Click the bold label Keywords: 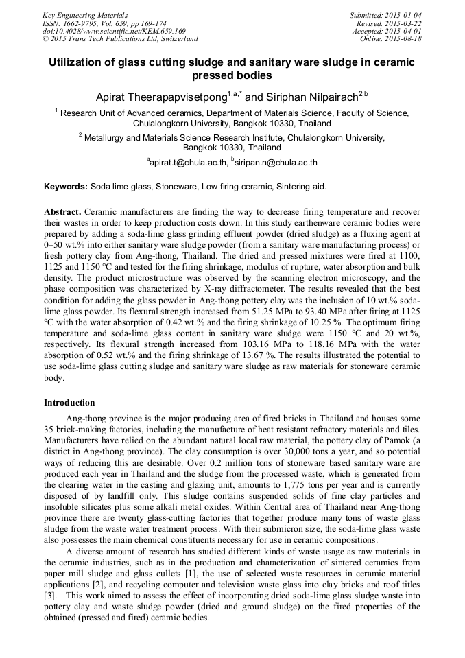click(65, 187)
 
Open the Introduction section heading click(69, 403)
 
